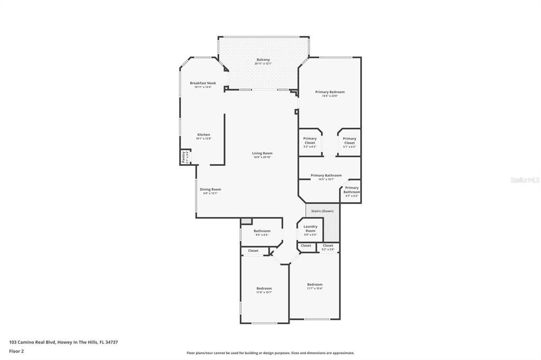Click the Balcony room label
[x=263, y=60]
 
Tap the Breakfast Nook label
[x=203, y=83]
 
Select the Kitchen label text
[x=203, y=135]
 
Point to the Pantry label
[x=184, y=157]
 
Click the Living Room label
[x=262, y=153]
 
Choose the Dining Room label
[x=210, y=189]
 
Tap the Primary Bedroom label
[x=330, y=92]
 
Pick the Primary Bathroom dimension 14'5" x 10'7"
[x=326, y=179]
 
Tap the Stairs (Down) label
[x=322, y=211]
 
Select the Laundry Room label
[x=310, y=229]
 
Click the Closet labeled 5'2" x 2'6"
[x=328, y=247]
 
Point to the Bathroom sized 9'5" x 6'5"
[x=262, y=233]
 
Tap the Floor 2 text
[x=16, y=350]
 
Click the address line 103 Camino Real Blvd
[x=63, y=342]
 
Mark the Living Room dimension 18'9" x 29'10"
[x=262, y=157]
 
